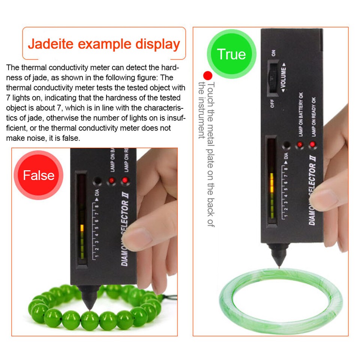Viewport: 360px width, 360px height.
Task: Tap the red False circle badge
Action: pos(39,175)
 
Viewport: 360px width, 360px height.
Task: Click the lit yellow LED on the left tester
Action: pos(82,228)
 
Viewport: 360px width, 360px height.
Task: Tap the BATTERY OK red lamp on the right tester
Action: pos(300,145)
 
